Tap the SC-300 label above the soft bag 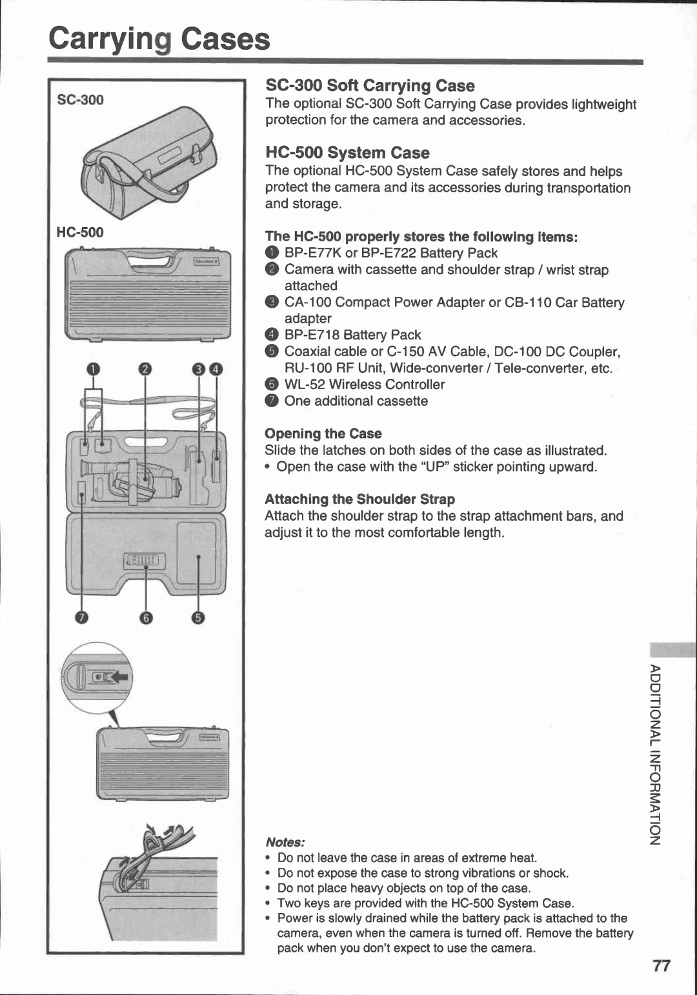pyautogui.click(x=80, y=99)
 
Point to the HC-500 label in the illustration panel pyautogui.click(x=80, y=232)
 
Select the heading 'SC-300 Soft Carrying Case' pyautogui.click(x=370, y=86)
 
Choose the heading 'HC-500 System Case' pyautogui.click(x=347, y=153)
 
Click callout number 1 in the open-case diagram pyautogui.click(x=94, y=369)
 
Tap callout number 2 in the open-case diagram pyautogui.click(x=145, y=369)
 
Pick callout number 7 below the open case pyautogui.click(x=81, y=618)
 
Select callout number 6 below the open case pyautogui.click(x=146, y=618)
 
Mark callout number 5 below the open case pyautogui.click(x=197, y=618)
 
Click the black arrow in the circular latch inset pyautogui.click(x=119, y=677)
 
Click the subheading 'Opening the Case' pyautogui.click(x=323, y=434)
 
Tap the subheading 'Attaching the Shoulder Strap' pyautogui.click(x=359, y=499)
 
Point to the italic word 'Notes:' pyautogui.click(x=285, y=842)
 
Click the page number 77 pyautogui.click(x=661, y=965)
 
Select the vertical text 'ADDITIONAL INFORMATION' pyautogui.click(x=654, y=753)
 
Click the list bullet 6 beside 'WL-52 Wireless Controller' pyautogui.click(x=272, y=385)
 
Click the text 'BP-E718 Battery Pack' pyautogui.click(x=352, y=335)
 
